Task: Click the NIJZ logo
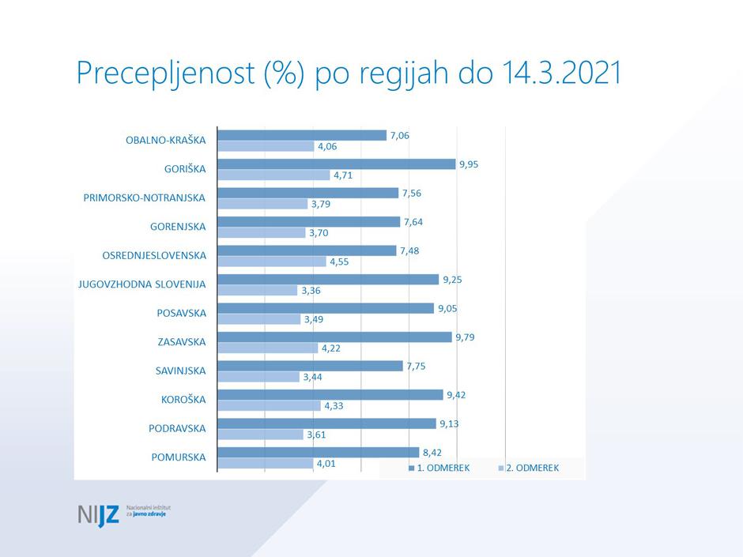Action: click(98, 514)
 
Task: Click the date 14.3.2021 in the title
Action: click(561, 73)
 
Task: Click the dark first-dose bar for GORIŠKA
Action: click(336, 164)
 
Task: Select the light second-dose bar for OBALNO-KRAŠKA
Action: click(266, 146)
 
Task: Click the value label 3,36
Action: click(311, 291)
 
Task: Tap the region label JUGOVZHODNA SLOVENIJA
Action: click(141, 284)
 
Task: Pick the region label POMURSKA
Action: click(178, 457)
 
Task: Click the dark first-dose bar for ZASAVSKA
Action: click(334, 337)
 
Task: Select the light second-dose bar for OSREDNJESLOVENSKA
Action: click(271, 262)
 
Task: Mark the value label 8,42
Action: click(434, 453)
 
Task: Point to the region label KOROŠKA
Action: click(183, 400)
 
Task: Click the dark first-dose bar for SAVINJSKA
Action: click(310, 366)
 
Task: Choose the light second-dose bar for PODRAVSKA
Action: click(260, 435)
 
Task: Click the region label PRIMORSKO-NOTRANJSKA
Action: click(145, 198)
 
